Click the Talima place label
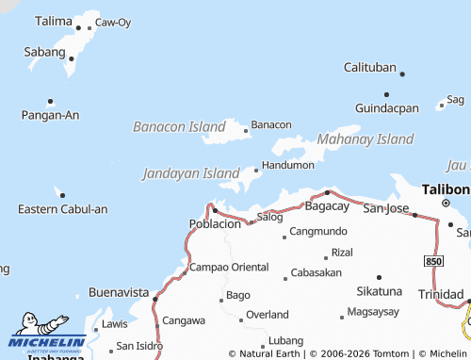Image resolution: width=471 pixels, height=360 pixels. coord(53,20)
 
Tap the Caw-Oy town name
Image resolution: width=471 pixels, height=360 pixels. coord(113,22)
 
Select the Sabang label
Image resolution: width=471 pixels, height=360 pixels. coord(44,52)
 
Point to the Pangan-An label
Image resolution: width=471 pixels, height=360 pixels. coord(50,115)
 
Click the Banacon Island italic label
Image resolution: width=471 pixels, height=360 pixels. coord(179,125)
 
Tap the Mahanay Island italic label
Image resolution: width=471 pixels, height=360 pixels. coord(365,139)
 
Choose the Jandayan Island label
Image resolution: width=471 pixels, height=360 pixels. coord(191,173)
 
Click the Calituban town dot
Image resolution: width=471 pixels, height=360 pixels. coord(402,74)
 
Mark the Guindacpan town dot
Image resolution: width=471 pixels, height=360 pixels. coord(386,94)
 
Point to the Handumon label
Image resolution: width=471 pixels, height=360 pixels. coord(287,165)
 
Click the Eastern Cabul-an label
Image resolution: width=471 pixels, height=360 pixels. coord(63,208)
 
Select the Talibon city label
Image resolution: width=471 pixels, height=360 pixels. coord(446,189)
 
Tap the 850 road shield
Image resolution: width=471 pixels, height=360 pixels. coord(432,259)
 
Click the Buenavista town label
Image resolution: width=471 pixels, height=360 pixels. coord(119,292)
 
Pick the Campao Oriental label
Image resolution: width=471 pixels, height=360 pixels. coord(230,267)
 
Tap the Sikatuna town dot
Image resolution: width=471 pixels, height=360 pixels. coord(379,277)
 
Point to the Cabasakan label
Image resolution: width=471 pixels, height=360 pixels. coord(317,272)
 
